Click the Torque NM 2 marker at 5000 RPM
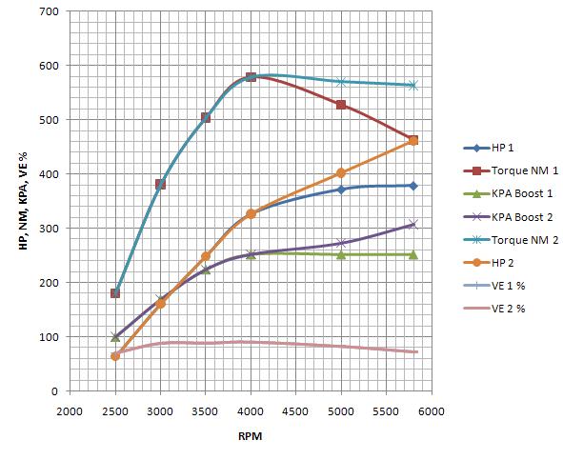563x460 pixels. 341,82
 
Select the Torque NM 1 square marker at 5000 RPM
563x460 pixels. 341,105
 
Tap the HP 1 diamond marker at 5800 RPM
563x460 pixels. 412,186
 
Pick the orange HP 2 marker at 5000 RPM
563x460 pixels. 341,173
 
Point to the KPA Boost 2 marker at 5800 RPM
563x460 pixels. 412,225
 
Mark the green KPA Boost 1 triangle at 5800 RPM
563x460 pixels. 412,254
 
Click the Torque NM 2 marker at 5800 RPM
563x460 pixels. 412,86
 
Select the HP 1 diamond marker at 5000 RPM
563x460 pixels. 341,190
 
